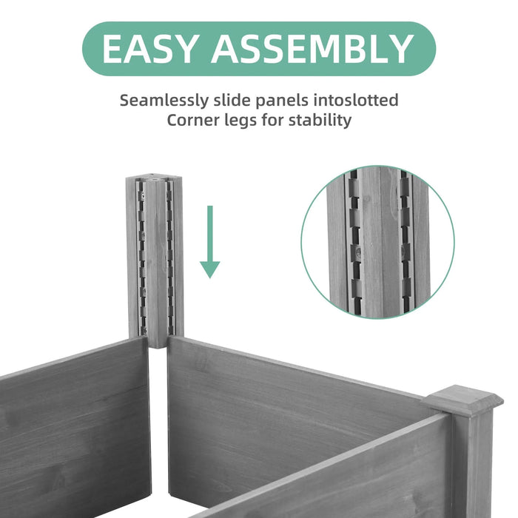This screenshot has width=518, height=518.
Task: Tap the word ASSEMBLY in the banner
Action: [x=312, y=50]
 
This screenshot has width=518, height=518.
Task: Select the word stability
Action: [x=320, y=121]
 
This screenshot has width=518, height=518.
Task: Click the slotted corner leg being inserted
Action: [x=154, y=259]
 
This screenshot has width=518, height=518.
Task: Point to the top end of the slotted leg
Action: [x=154, y=179]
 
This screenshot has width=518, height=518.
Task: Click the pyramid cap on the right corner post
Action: [x=464, y=400]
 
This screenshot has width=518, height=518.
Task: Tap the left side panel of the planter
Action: [x=74, y=429]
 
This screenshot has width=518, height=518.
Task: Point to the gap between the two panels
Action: [x=158, y=429]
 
